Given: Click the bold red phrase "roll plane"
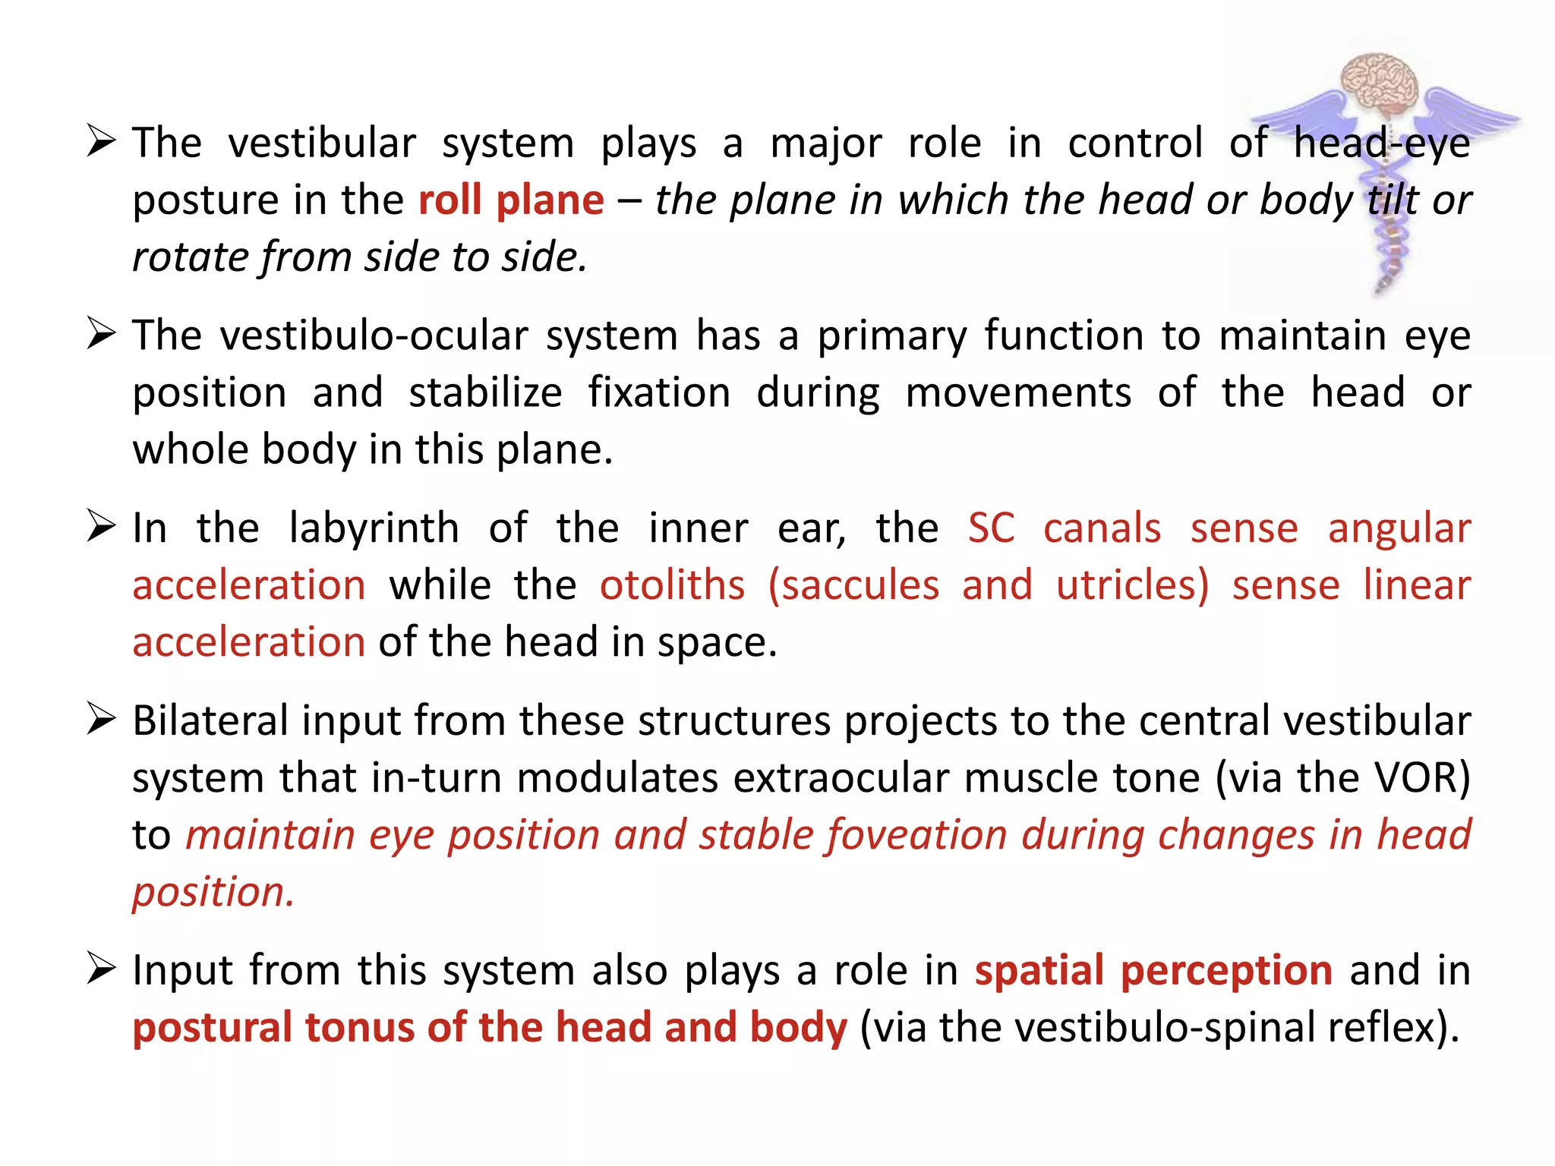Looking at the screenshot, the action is point(511,201).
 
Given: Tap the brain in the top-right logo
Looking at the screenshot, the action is point(1380,84).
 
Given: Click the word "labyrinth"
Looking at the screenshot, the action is point(374,528).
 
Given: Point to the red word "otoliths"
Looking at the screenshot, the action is point(672,585).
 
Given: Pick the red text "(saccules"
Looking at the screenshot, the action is point(853,585).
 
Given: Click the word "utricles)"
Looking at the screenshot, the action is point(1132,585).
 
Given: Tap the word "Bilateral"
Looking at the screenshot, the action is point(210,721).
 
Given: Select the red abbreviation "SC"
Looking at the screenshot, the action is point(991,528).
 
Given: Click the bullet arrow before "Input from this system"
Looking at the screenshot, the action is point(101,969).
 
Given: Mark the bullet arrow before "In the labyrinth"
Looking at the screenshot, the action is point(101,527).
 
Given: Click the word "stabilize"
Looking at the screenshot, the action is point(485,393).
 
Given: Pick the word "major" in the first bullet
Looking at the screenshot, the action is point(826,144).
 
